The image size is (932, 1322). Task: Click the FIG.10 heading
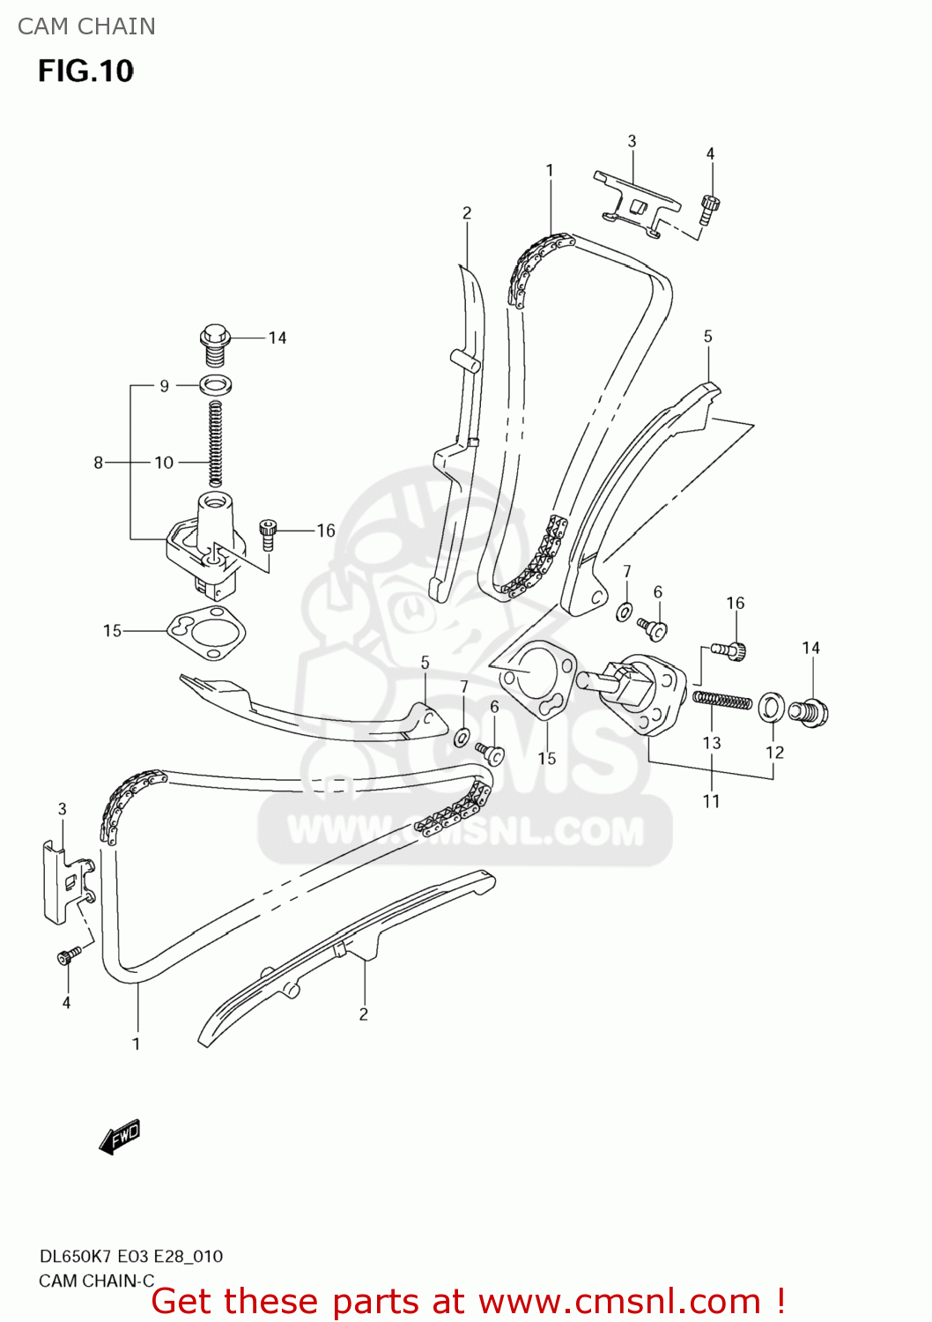[85, 71]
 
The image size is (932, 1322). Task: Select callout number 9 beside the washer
[164, 386]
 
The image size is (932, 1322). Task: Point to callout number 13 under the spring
[712, 743]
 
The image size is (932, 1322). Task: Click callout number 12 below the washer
[774, 752]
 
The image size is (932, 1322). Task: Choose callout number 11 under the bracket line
[711, 801]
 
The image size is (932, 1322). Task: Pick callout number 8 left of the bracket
[99, 462]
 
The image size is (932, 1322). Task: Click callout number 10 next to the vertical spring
[164, 462]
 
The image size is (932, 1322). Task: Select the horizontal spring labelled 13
[722, 701]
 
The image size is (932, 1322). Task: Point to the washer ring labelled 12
[772, 706]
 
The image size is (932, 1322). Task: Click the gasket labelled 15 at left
[207, 632]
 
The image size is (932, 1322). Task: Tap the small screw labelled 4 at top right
[710, 208]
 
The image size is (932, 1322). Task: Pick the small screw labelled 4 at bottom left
[69, 955]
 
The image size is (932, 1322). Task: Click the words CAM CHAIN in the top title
[86, 26]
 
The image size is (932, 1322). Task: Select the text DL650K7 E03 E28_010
[130, 1256]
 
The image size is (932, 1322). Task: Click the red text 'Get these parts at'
[307, 1301]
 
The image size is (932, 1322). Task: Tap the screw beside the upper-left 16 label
[268, 534]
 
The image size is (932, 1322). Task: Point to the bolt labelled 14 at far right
[809, 710]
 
